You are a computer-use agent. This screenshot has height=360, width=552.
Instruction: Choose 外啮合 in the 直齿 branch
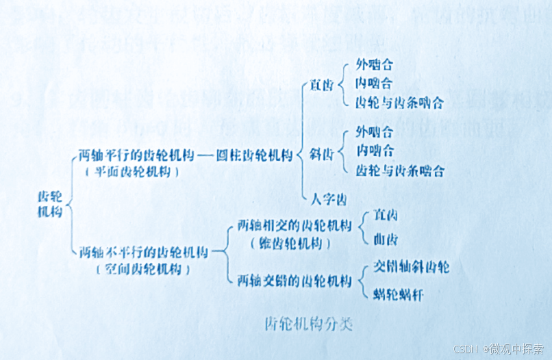[374, 66]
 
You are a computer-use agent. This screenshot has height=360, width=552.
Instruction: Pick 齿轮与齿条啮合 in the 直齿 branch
[400, 103]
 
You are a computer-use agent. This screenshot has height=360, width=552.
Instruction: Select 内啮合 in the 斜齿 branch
[374, 149]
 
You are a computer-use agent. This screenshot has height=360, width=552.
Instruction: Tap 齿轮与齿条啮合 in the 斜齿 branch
[400, 169]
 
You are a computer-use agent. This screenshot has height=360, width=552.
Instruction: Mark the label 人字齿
[328, 199]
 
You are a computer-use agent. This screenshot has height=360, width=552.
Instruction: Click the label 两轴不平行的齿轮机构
[143, 251]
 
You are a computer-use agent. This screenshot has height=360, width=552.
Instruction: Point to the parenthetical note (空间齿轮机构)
[143, 270]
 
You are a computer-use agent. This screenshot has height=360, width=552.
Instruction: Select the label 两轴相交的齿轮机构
[294, 225]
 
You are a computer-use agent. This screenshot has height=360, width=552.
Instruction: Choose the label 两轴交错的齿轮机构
[294, 280]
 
